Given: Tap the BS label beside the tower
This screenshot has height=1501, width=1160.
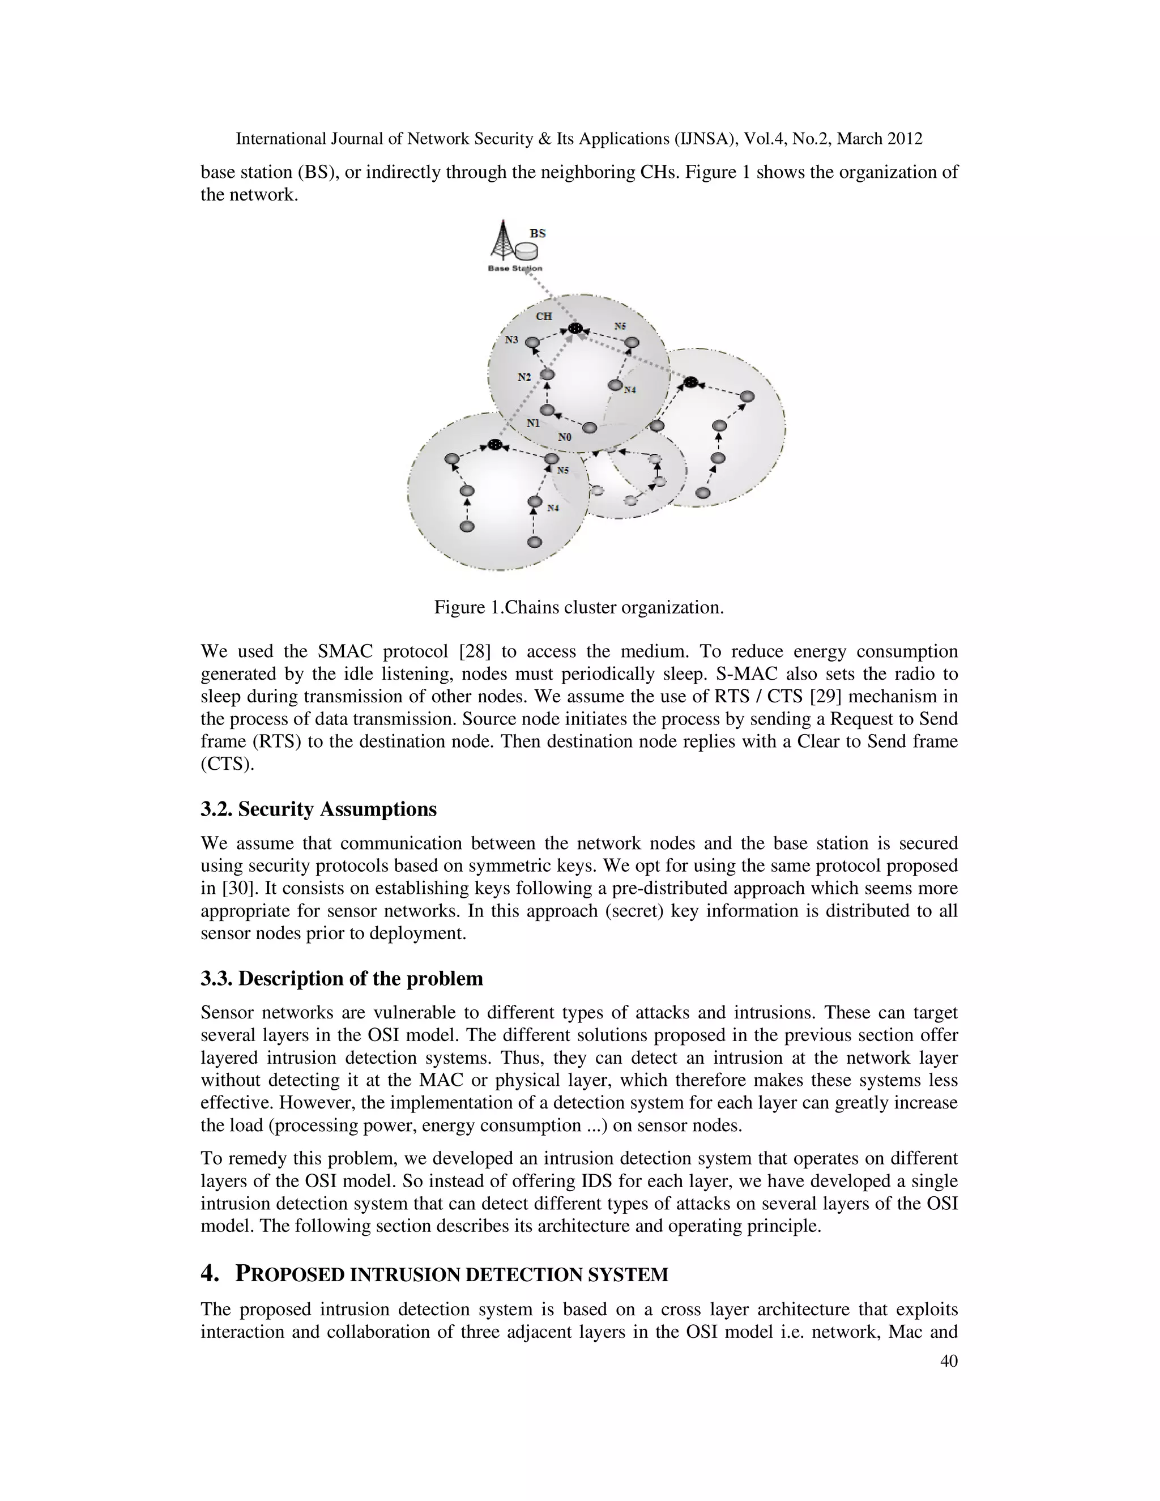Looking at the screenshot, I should pyautogui.click(x=538, y=234).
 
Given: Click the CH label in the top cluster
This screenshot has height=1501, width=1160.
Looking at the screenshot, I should pyautogui.click(x=544, y=316).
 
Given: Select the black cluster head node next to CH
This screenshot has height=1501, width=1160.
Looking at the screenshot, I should pyautogui.click(x=575, y=329).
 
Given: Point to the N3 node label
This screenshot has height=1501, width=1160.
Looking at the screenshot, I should pyautogui.click(x=512, y=339).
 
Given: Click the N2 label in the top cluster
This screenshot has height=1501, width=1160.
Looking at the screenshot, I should pyautogui.click(x=524, y=377).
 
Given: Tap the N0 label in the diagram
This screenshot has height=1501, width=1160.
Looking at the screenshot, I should pyautogui.click(x=564, y=437).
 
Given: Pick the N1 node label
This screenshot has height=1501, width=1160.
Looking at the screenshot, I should pyautogui.click(x=533, y=423).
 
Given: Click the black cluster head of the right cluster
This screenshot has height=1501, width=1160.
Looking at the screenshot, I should pyautogui.click(x=690, y=382).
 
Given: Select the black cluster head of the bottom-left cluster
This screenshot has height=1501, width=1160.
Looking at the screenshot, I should pyautogui.click(x=493, y=445).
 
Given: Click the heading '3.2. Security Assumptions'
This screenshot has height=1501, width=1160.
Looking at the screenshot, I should pyautogui.click(x=318, y=809).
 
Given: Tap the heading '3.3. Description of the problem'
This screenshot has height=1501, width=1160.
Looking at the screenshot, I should pyautogui.click(x=342, y=978).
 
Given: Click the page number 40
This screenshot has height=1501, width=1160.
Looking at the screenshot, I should pyautogui.click(x=948, y=1361).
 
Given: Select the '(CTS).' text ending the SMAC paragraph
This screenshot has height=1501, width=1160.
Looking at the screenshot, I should pyautogui.click(x=227, y=764).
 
